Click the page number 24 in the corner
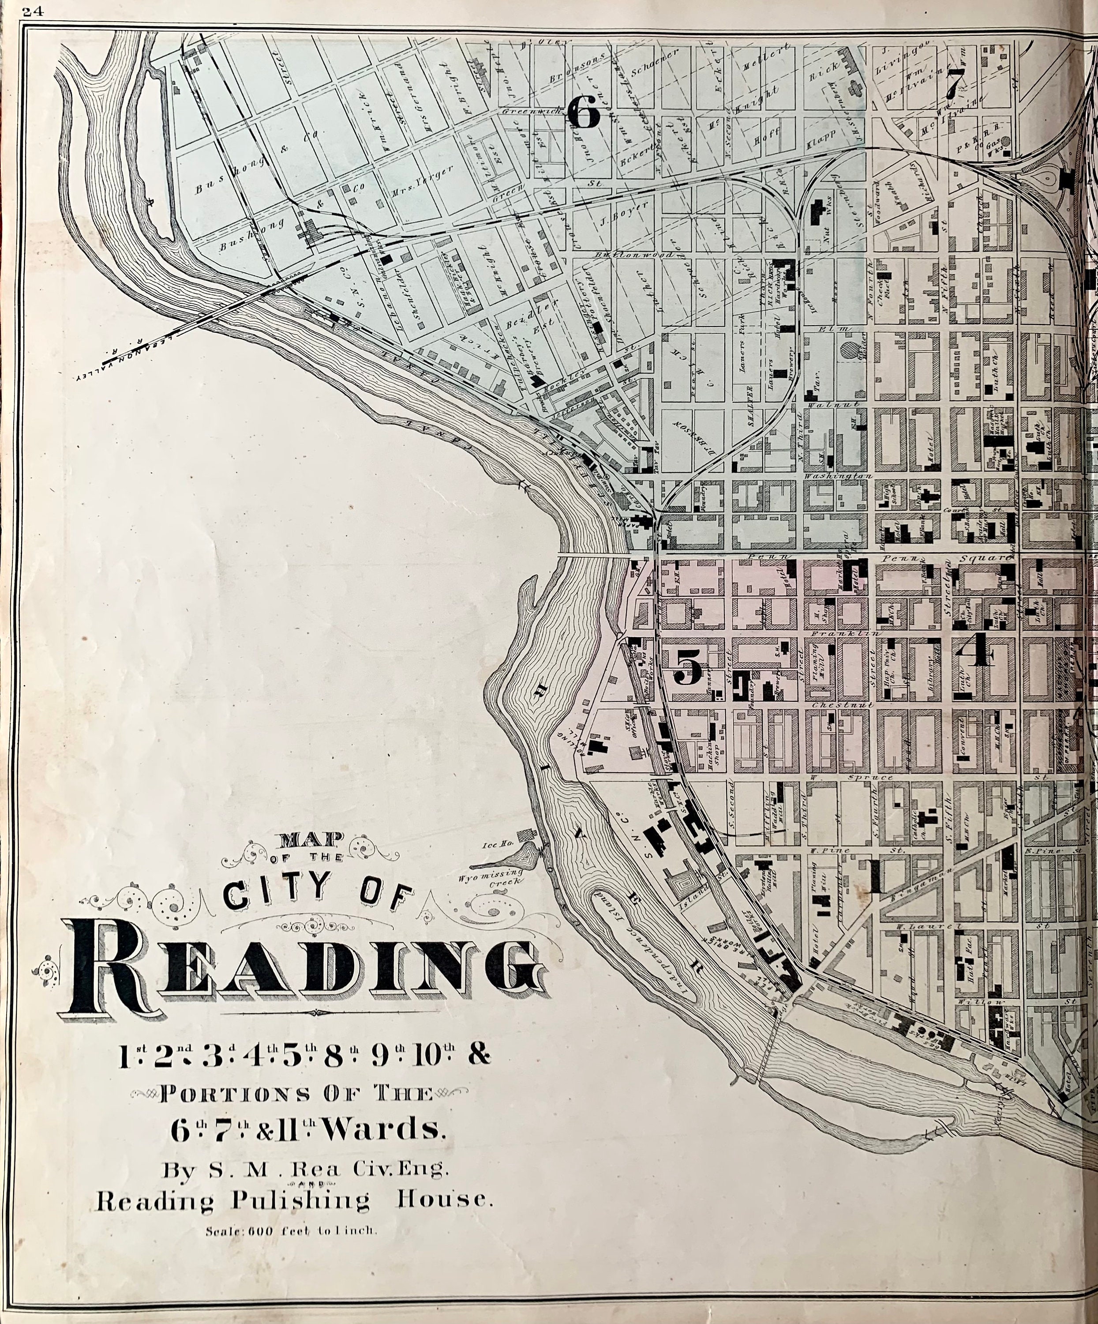tap(31, 9)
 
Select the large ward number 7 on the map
tap(956, 80)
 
